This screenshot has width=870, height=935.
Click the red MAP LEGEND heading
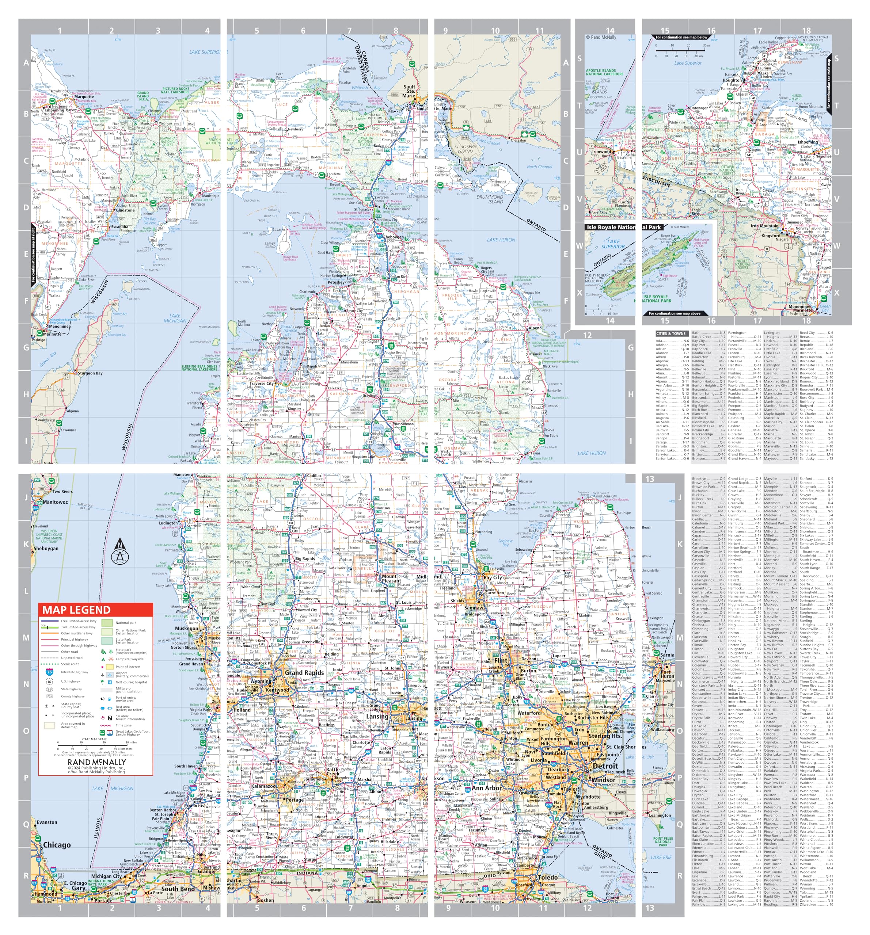pos(76,610)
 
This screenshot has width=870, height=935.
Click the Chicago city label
pos(57,845)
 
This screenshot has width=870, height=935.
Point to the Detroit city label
pos(605,766)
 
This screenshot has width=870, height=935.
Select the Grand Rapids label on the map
pos(304,672)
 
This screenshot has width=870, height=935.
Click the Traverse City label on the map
pos(262,383)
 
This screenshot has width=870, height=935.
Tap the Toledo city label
pos(548,878)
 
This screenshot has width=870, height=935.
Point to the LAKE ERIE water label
pos(661,857)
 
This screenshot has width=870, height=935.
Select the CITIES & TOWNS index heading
pos(671,333)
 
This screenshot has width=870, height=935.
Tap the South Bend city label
pos(178,889)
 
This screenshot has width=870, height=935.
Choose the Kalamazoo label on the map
pos(263,786)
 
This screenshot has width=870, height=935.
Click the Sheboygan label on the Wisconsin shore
pos(46,548)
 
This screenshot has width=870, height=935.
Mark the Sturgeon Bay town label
pos(90,373)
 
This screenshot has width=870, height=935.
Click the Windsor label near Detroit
pos(603,780)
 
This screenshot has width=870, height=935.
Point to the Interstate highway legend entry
pos(74,672)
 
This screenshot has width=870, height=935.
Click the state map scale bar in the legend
pos(94,744)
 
